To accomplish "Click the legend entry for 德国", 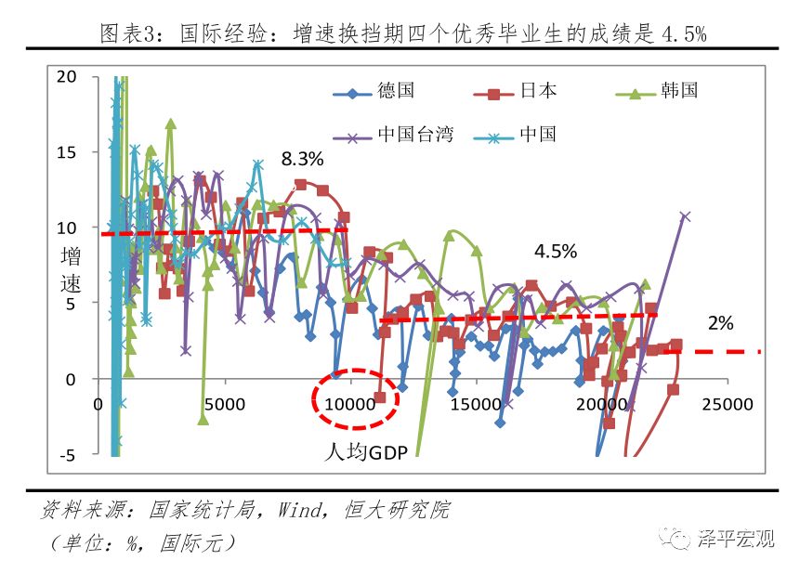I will click(374, 91).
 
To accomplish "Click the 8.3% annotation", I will click(303, 158).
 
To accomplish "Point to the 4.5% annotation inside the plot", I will click(556, 251).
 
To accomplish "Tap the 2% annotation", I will click(720, 323).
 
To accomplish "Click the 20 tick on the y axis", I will click(67, 77).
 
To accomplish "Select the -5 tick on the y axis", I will click(69, 454).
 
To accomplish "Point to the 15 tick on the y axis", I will click(67, 152).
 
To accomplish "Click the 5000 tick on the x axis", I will click(224, 405).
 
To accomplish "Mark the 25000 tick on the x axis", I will click(727, 405).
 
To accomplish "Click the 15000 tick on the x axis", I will click(475, 405).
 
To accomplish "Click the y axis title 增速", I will click(71, 270).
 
